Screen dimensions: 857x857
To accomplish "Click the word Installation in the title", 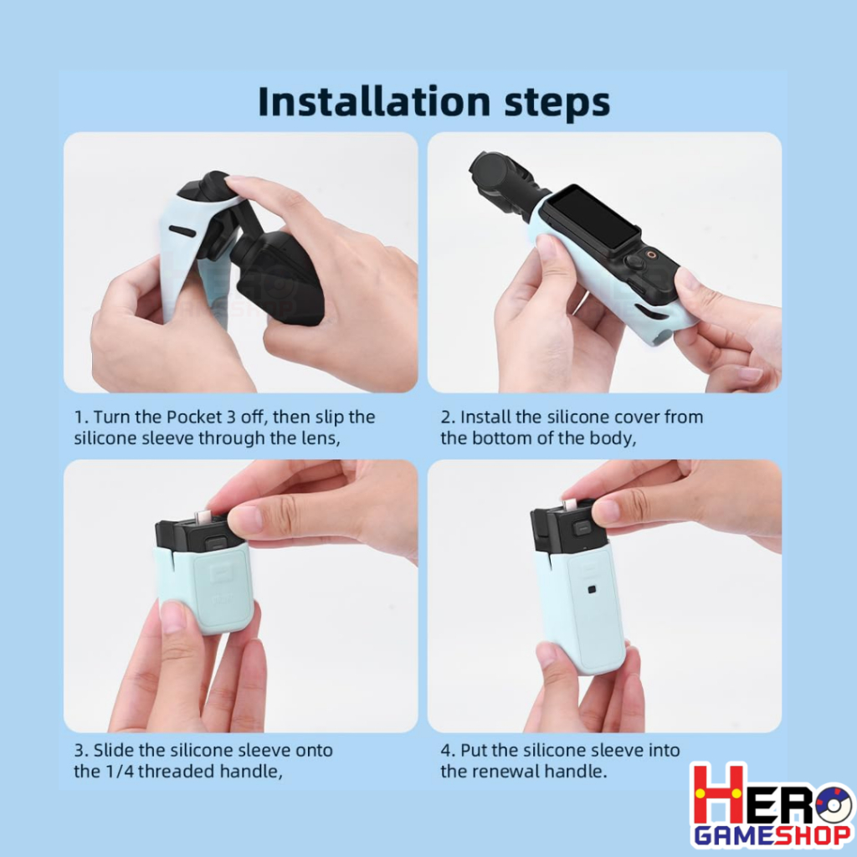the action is coord(374,101).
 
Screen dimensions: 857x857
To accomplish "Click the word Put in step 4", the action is coord(474,750).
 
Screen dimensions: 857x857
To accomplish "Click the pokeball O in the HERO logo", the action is coord(833,802).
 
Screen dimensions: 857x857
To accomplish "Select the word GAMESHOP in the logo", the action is coord(772,836).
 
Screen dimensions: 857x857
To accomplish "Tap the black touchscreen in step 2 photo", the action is coord(593,218).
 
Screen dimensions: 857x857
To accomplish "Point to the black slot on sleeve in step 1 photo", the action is coord(182,231).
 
